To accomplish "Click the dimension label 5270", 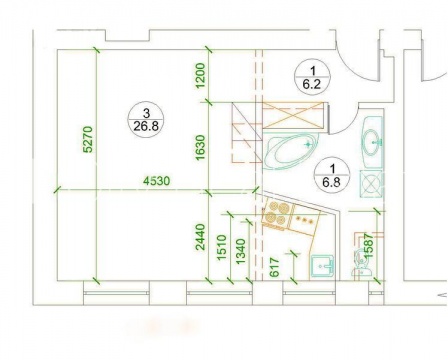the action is tap(87, 139).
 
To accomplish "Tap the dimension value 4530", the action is tap(156, 181).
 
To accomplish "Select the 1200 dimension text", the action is tap(201, 76).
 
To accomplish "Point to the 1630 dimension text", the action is tap(200, 147).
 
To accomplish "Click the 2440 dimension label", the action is tap(200, 237).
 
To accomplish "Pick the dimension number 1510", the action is tap(222, 248).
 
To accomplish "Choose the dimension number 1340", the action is tap(241, 251).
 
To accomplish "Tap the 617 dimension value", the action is tap(274, 267).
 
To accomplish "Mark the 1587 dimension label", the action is tap(368, 245).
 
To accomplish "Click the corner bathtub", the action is tap(291, 152).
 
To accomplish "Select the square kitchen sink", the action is tap(322, 267).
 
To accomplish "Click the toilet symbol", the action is tap(361, 262).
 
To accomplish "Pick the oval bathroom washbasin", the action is tap(371, 142).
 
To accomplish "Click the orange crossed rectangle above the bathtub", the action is tap(293, 115).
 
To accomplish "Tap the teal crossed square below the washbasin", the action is tap(371, 184).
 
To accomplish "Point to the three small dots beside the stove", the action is tap(305, 220).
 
